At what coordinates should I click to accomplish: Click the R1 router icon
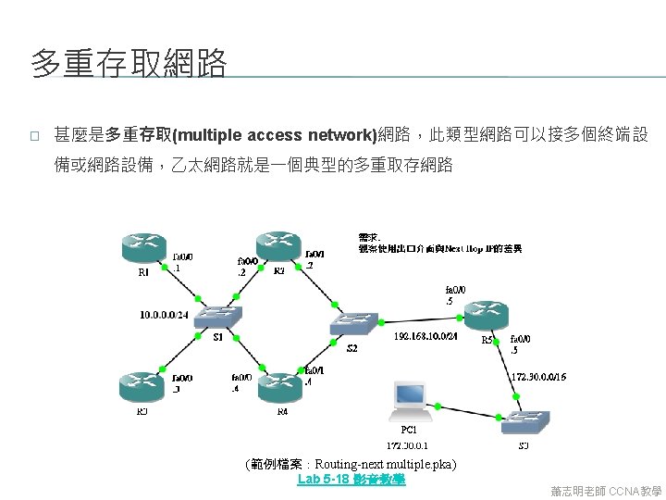pos(142,248)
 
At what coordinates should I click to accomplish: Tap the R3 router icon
pos(142,387)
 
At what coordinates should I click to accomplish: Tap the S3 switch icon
pos(523,424)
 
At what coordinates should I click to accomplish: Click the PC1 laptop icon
pos(410,399)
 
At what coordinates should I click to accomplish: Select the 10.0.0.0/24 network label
pos(164,315)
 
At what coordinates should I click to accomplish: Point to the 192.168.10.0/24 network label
pos(425,335)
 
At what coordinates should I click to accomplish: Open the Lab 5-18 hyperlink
pos(351,480)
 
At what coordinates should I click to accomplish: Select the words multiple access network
pos(284,135)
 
